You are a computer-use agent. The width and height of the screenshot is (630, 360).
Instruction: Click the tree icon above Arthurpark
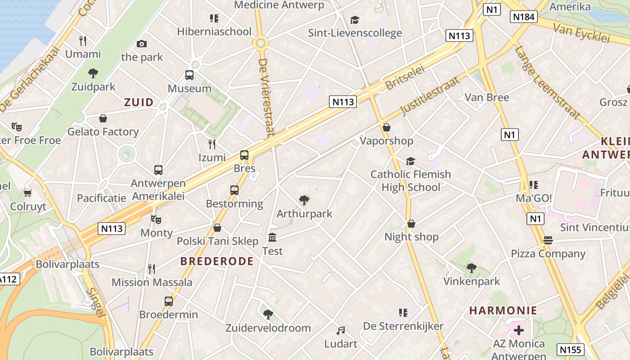pyautogui.click(x=304, y=200)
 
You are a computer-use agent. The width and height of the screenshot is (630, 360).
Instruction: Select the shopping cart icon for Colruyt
pyautogui.click(x=28, y=193)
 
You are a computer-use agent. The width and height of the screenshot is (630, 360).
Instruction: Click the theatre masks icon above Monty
pyautogui.click(x=156, y=219)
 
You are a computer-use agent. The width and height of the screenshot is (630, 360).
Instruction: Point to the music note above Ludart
pyautogui.click(x=341, y=331)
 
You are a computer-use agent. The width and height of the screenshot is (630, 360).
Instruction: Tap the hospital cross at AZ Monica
pyautogui.click(x=518, y=330)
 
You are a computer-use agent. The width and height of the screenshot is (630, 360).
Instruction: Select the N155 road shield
pyautogui.click(x=571, y=350)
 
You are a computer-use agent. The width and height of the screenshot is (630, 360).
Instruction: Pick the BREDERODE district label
pyautogui.click(x=217, y=261)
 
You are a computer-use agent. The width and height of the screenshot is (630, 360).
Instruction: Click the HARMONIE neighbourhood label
pyautogui.click(x=503, y=310)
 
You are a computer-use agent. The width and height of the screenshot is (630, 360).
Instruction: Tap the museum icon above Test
pyautogui.click(x=272, y=237)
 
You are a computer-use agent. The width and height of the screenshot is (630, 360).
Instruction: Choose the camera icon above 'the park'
pyautogui.click(x=142, y=44)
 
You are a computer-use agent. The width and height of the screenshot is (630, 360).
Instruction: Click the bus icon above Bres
pyautogui.click(x=244, y=155)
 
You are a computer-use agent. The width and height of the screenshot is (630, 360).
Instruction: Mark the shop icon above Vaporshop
pyautogui.click(x=386, y=127)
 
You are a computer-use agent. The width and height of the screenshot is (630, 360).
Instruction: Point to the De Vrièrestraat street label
pyautogui.click(x=266, y=97)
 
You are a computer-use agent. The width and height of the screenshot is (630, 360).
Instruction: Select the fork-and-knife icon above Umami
pyautogui.click(x=83, y=41)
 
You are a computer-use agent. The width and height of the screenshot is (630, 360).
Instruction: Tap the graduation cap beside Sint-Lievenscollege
pyautogui.click(x=355, y=20)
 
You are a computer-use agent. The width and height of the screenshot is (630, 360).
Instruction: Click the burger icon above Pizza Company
pyautogui.click(x=548, y=240)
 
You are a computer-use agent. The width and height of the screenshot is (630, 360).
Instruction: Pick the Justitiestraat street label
pyautogui.click(x=430, y=95)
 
